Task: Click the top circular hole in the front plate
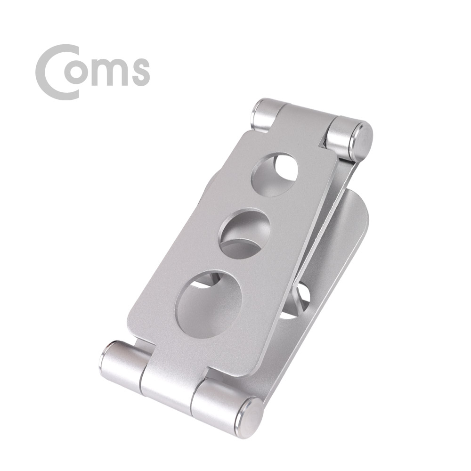click(274, 175)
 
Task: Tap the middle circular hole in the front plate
click(245, 234)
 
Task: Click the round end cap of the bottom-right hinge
click(250, 414)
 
